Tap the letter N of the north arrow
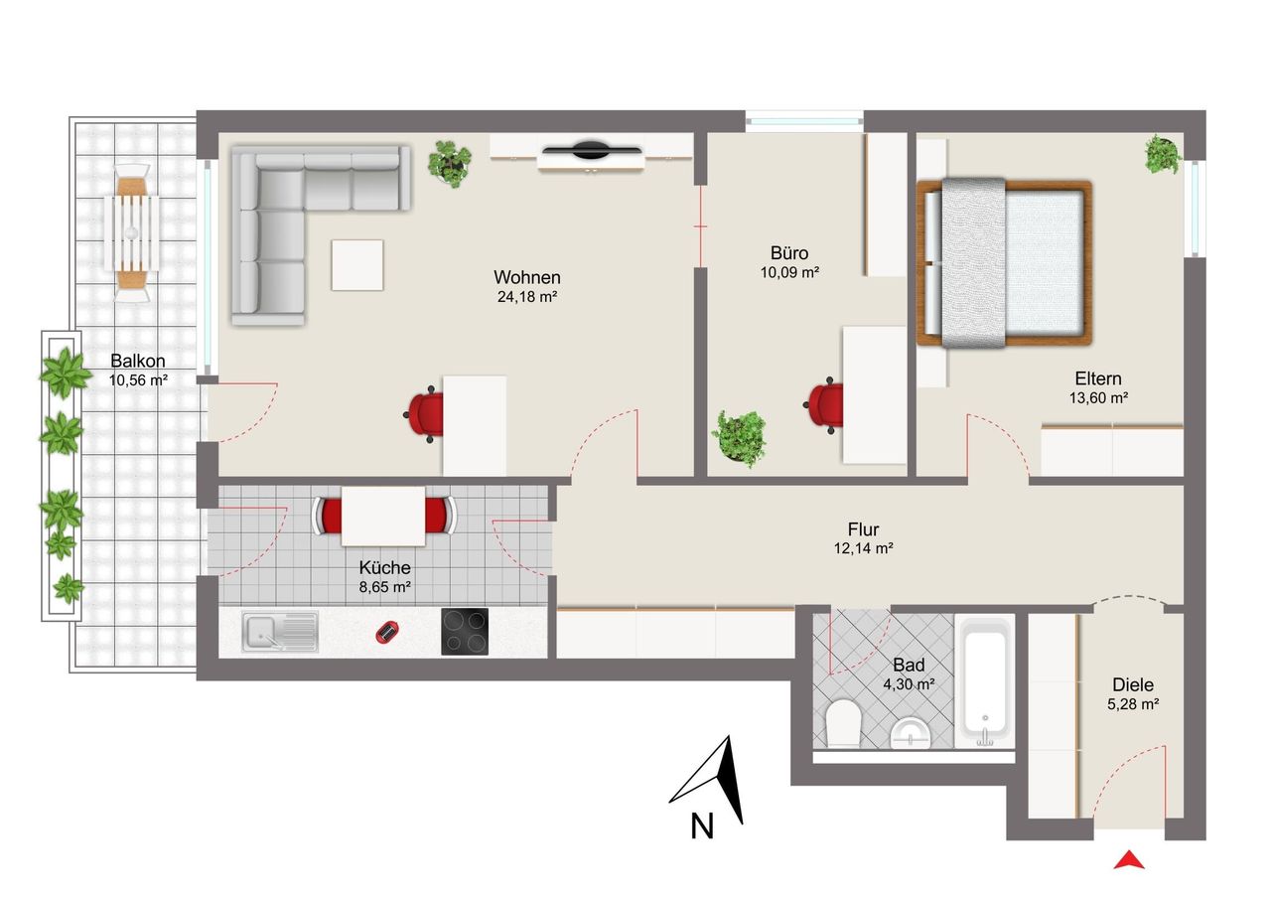tap(701, 826)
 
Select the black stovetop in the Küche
tap(465, 631)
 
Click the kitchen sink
tap(280, 631)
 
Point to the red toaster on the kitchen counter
tap(386, 632)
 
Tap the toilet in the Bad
tap(843, 722)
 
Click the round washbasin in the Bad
tap(911, 733)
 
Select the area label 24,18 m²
tap(527, 296)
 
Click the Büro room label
tap(789, 252)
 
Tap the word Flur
tap(863, 528)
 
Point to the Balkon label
tap(138, 361)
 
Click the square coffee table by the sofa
tap(356, 265)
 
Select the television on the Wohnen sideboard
tap(592, 150)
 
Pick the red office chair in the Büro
tap(824, 404)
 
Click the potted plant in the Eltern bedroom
tap(1163, 154)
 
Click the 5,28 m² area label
tap(1133, 703)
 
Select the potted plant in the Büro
tap(739, 438)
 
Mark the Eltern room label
tap(1098, 378)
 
